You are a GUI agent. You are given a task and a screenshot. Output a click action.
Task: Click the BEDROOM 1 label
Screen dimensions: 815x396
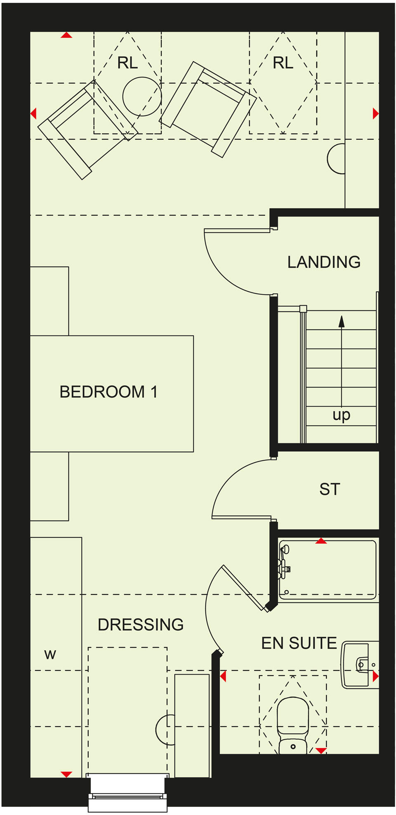click(x=108, y=392)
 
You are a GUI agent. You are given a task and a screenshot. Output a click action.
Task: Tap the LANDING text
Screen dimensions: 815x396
click(x=324, y=262)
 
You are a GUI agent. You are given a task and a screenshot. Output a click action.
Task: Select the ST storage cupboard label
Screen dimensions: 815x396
click(x=330, y=489)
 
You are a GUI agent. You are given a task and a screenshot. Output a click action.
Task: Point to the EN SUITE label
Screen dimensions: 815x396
click(x=299, y=643)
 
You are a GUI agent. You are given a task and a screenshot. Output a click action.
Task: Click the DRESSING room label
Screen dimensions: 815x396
click(x=141, y=624)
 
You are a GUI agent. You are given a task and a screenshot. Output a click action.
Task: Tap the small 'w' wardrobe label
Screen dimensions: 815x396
click(x=50, y=654)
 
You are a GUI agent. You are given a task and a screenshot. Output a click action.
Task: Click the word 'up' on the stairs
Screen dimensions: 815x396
click(x=341, y=415)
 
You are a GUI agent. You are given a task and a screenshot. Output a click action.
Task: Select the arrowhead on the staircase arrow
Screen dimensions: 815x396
click(x=342, y=322)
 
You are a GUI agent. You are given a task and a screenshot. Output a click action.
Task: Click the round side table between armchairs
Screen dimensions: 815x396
click(x=142, y=97)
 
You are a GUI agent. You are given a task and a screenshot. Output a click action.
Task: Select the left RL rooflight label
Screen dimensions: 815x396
click(x=127, y=63)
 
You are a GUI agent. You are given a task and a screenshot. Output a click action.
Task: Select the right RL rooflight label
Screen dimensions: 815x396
click(x=283, y=63)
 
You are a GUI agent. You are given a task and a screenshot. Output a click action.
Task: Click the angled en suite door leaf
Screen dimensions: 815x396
click(x=244, y=587)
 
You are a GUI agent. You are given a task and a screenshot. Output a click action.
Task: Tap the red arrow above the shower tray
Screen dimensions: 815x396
click(x=321, y=541)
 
